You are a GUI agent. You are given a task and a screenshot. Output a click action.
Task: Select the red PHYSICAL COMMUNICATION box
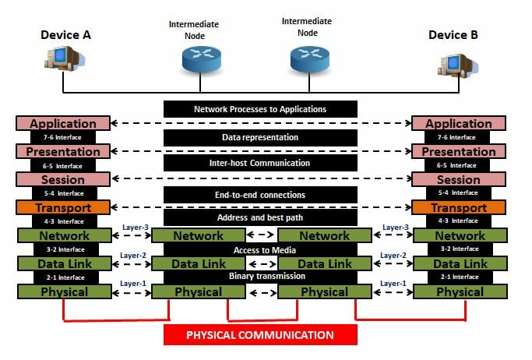pos(260,335)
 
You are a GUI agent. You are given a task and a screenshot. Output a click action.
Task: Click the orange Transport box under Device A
pos(63,208)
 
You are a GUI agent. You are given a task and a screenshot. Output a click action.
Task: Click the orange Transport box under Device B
pos(459,208)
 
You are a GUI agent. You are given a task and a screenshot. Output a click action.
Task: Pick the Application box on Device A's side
pos(63,123)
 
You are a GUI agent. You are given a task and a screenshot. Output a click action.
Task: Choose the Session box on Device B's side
pos(459,180)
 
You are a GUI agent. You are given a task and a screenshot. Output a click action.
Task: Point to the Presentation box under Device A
pos(63,151)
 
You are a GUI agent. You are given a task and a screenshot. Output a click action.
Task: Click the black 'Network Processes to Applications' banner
pos(260,109)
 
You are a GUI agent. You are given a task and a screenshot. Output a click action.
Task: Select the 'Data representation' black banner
pos(260,137)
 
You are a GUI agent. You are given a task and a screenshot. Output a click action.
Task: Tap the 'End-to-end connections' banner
pos(260,194)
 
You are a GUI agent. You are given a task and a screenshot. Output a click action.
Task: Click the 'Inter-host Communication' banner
pos(260,164)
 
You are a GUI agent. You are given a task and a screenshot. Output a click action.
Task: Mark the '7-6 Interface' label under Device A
pos(62,137)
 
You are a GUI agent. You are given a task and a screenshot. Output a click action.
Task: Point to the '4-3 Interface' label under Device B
pos(458,222)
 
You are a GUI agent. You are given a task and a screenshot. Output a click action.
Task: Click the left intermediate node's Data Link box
pos(198,264)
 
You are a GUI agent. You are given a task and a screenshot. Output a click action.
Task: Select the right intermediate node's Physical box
pos(324,292)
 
